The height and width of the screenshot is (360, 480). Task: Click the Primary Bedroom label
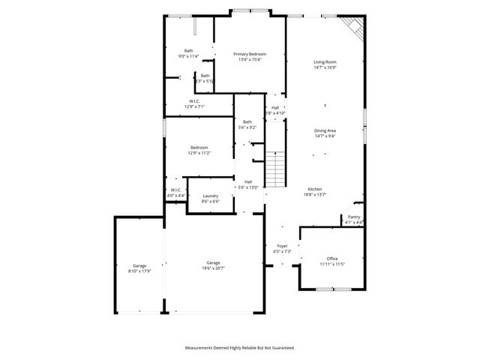click(250, 54)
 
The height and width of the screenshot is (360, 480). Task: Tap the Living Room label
click(325, 61)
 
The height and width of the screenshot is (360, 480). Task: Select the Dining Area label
click(325, 130)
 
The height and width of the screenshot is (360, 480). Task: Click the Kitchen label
click(315, 188)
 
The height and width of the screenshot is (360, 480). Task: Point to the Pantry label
click(353, 217)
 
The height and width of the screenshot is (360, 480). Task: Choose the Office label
click(332, 259)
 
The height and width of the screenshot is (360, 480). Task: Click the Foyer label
click(282, 246)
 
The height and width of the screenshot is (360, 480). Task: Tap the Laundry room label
click(210, 196)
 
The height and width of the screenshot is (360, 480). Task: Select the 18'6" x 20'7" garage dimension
click(213, 268)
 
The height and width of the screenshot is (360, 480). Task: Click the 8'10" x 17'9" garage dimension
click(139, 271)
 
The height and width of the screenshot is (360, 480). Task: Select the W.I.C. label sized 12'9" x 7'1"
click(194, 100)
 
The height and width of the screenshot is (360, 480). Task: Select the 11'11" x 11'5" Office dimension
click(332, 264)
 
